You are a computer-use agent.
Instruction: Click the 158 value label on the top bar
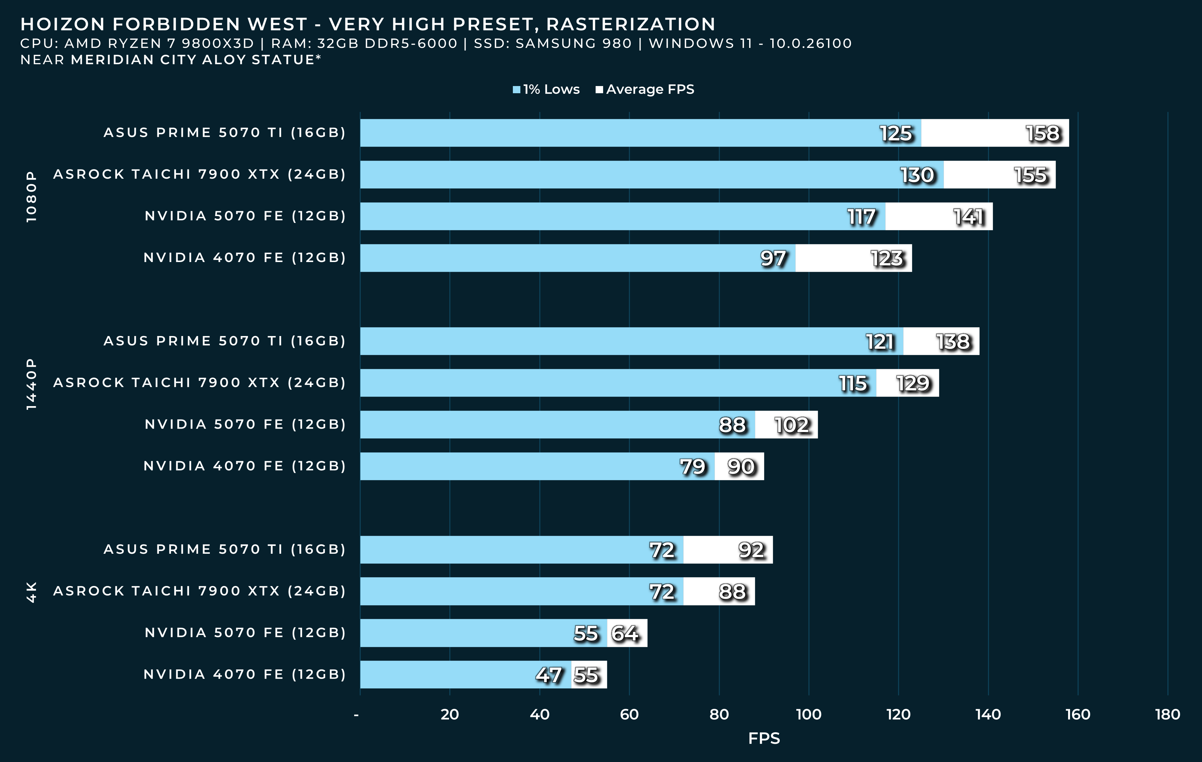pyautogui.click(x=1042, y=133)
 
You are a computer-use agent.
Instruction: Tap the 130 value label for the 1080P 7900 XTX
pyautogui.click(x=917, y=175)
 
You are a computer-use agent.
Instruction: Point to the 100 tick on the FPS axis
pyautogui.click(x=808, y=714)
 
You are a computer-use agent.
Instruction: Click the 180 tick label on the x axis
pyautogui.click(x=1167, y=714)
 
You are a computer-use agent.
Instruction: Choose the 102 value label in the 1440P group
pyautogui.click(x=792, y=425)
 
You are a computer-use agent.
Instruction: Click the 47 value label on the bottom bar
pyautogui.click(x=549, y=675)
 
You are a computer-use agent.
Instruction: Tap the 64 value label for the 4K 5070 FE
pyautogui.click(x=625, y=633)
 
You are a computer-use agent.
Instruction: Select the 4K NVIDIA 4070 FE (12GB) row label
pyautogui.click(x=245, y=675)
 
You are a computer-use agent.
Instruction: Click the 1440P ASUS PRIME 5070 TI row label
pyautogui.click(x=224, y=341)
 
